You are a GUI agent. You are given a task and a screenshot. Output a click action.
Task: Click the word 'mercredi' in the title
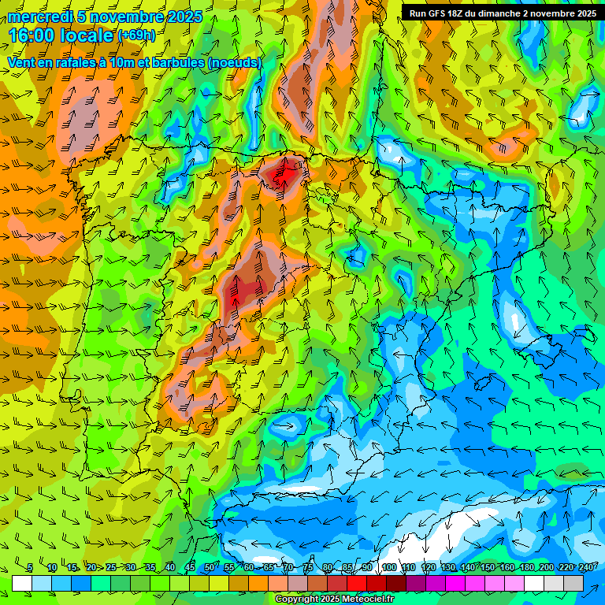40,17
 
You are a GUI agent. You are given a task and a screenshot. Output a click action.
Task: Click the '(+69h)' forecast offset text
135,36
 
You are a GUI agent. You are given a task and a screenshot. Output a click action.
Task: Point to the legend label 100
388,567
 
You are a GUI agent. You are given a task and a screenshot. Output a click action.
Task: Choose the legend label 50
209,567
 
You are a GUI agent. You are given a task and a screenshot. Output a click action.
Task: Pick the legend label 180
526,567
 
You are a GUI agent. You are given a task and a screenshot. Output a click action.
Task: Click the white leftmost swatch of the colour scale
22,583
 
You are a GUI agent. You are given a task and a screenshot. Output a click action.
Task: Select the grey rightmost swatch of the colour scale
573,583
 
